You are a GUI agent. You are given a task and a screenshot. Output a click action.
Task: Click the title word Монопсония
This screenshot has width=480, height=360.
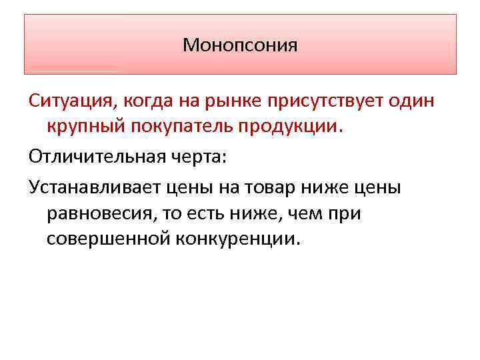point(240,45)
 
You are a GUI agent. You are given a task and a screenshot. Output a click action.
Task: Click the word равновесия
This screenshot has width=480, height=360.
point(103,213)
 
